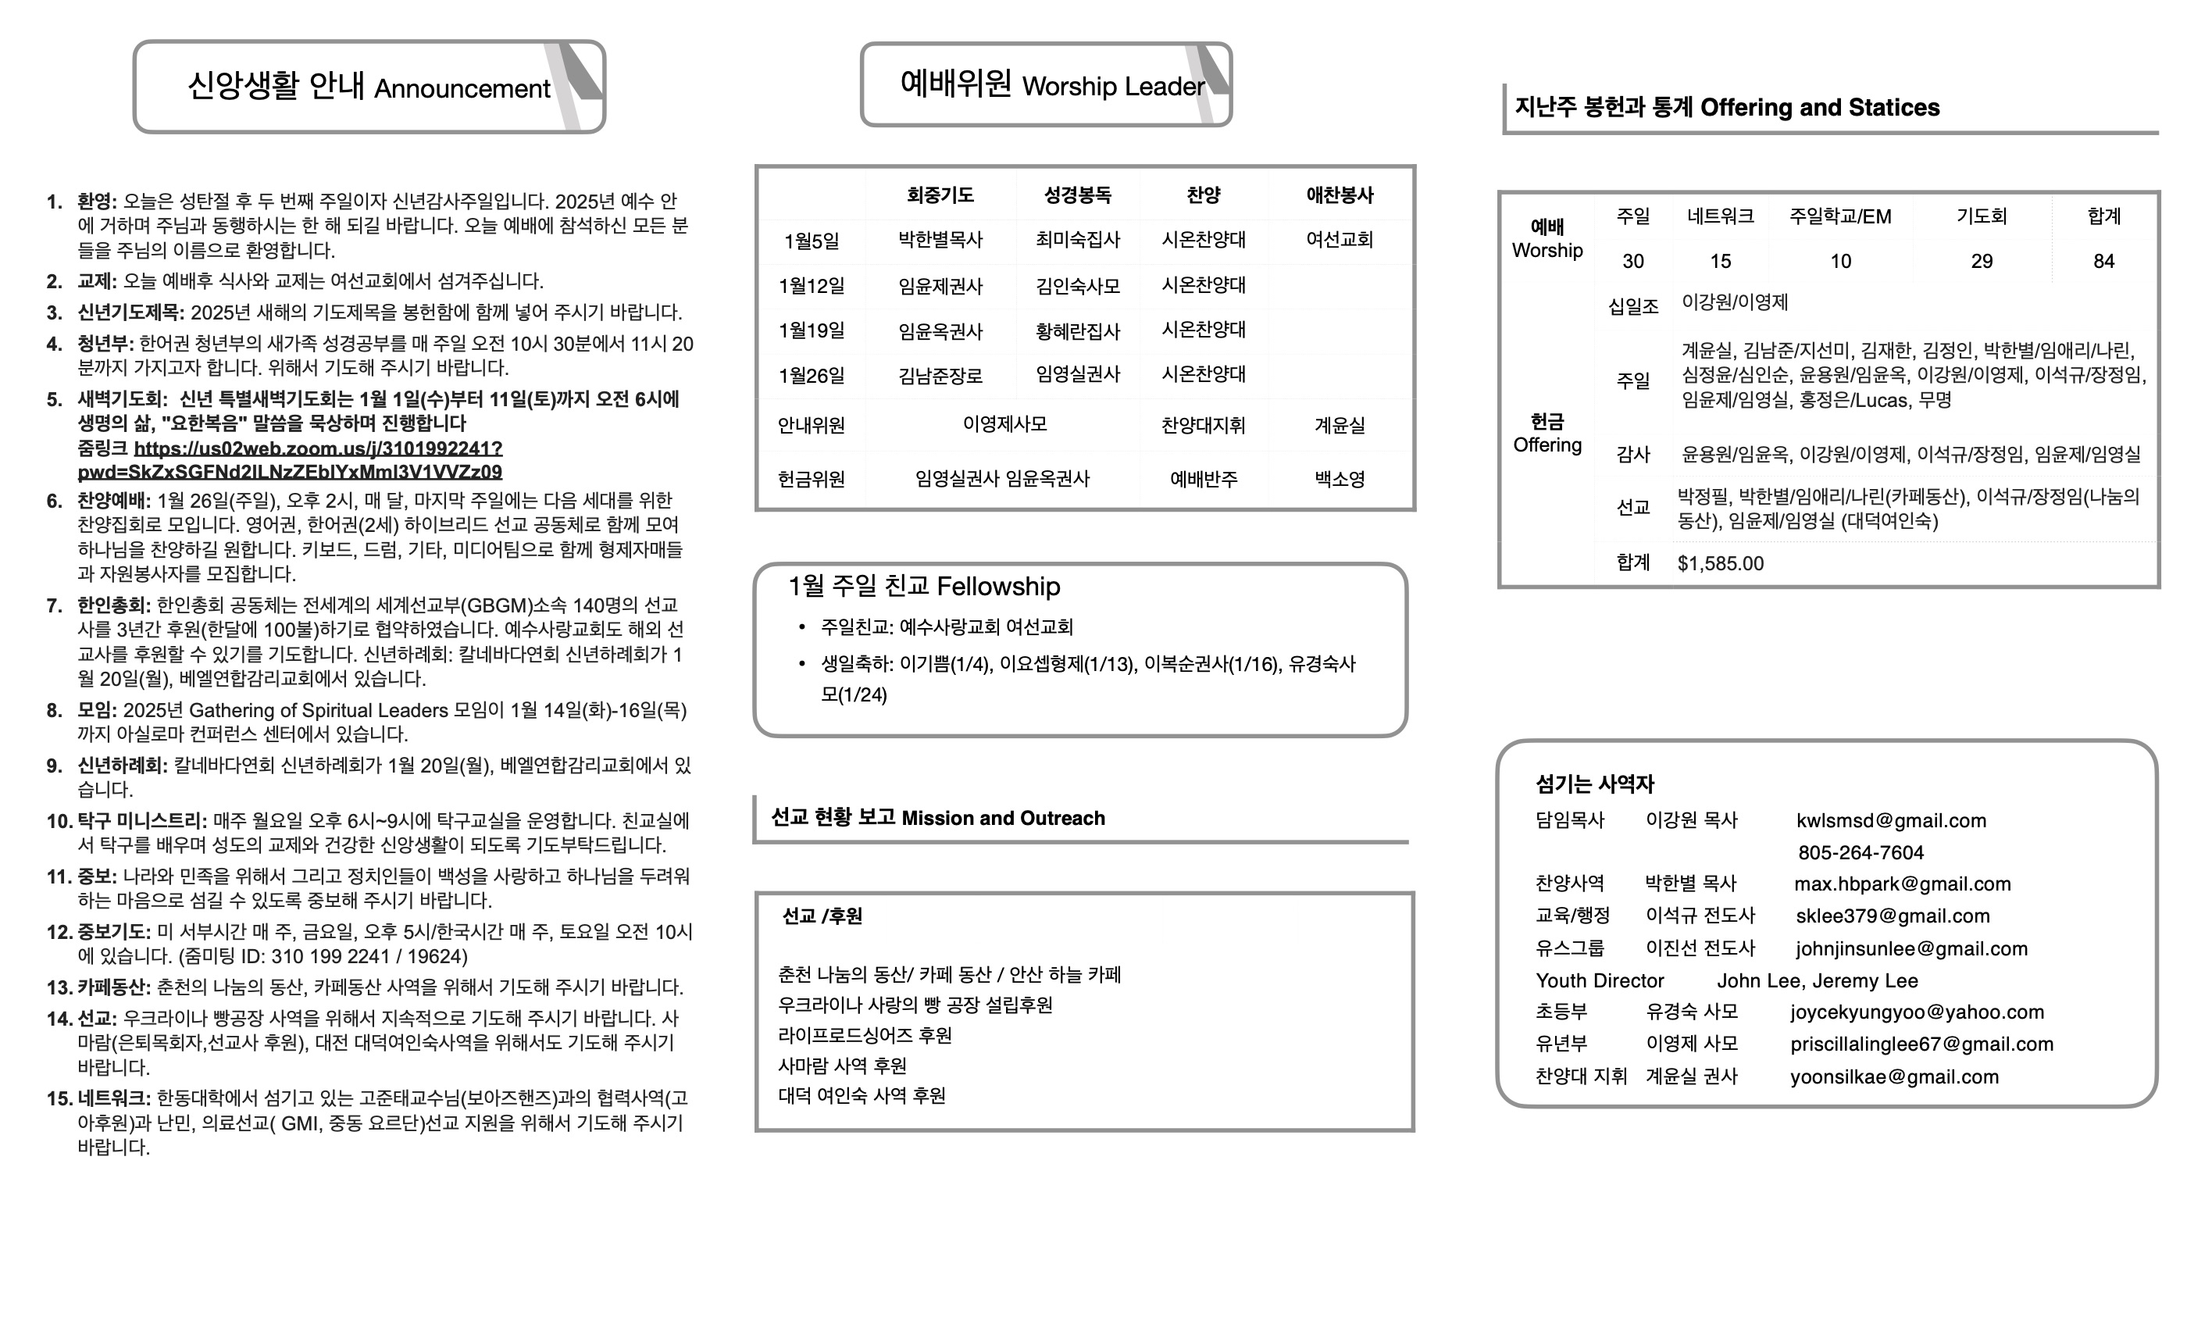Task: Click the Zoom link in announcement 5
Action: click(318, 449)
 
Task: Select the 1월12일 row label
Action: click(812, 286)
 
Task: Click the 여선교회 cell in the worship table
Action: click(1340, 240)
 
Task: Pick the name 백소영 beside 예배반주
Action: click(1340, 480)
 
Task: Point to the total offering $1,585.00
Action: click(1720, 564)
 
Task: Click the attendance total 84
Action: click(2103, 261)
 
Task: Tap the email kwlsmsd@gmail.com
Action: click(1890, 820)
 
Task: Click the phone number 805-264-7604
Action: click(1861, 852)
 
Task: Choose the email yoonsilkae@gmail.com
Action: click(1894, 1076)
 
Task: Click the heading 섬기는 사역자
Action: click(1595, 784)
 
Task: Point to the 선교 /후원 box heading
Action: click(822, 916)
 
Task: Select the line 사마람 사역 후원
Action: click(842, 1066)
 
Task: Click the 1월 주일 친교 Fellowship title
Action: click(924, 586)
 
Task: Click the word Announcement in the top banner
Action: click(462, 89)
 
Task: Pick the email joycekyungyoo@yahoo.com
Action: click(1918, 1012)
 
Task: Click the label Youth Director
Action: click(1600, 981)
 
